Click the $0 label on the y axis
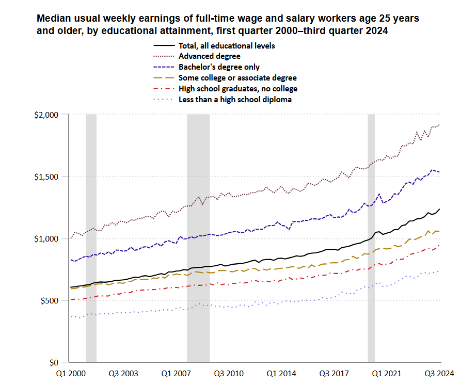(x=59, y=362)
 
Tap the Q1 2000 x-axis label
(x=70, y=373)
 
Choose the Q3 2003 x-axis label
(x=122, y=373)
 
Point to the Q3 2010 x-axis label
(x=228, y=373)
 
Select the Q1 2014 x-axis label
(x=281, y=373)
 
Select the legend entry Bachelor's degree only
(x=219, y=67)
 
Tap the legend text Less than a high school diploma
(x=235, y=99)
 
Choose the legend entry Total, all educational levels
(x=227, y=45)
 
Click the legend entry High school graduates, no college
(x=237, y=88)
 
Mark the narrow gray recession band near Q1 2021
(x=371, y=237)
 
